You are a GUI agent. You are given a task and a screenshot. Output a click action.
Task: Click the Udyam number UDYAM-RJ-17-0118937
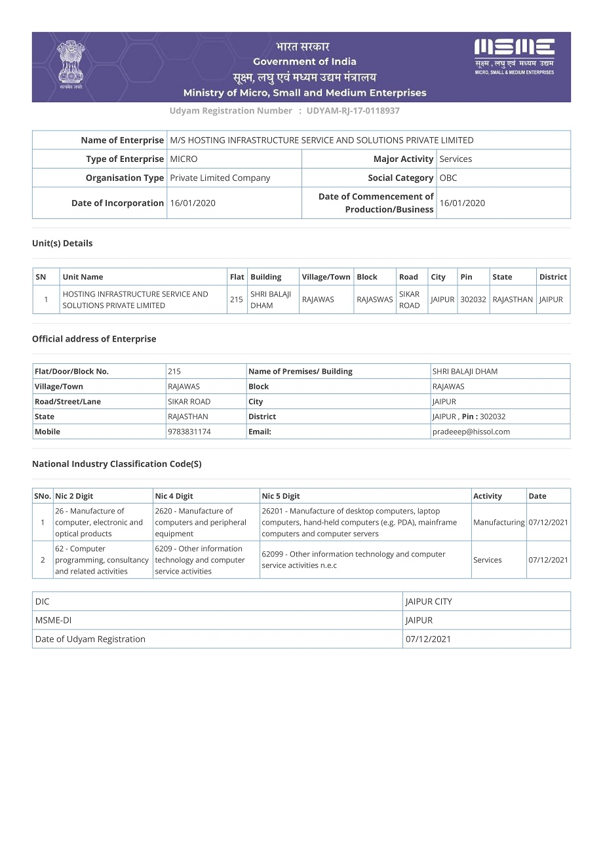click(x=353, y=111)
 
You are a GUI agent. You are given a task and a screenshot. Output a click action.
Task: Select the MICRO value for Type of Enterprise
click(x=184, y=159)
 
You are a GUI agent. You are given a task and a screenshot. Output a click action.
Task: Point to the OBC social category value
click(x=448, y=178)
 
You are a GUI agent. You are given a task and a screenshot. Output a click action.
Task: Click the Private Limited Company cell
click(x=220, y=178)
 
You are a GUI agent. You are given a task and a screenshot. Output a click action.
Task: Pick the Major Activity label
click(x=403, y=159)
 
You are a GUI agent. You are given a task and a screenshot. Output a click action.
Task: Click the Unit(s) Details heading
click(x=62, y=243)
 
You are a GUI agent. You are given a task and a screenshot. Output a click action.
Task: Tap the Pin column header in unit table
click(x=466, y=277)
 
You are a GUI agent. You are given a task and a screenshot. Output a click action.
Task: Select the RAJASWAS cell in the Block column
click(x=375, y=300)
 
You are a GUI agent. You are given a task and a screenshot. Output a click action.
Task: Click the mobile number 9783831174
click(x=189, y=431)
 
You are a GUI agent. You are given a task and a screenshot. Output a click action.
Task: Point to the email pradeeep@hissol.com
click(x=471, y=431)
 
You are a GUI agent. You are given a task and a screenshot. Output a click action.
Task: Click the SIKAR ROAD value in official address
click(x=189, y=401)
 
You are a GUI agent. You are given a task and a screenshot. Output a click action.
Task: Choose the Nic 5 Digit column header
click(x=281, y=496)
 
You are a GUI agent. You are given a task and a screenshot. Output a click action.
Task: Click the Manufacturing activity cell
click(x=499, y=523)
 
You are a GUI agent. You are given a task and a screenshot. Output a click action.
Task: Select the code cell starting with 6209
click(x=200, y=560)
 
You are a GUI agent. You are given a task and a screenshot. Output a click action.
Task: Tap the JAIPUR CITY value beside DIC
click(x=429, y=601)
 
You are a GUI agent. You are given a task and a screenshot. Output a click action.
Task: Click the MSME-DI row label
click(x=53, y=620)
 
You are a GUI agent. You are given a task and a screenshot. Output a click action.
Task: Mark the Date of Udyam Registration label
click(x=90, y=639)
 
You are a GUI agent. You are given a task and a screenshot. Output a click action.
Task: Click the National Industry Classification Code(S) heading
click(x=117, y=464)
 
